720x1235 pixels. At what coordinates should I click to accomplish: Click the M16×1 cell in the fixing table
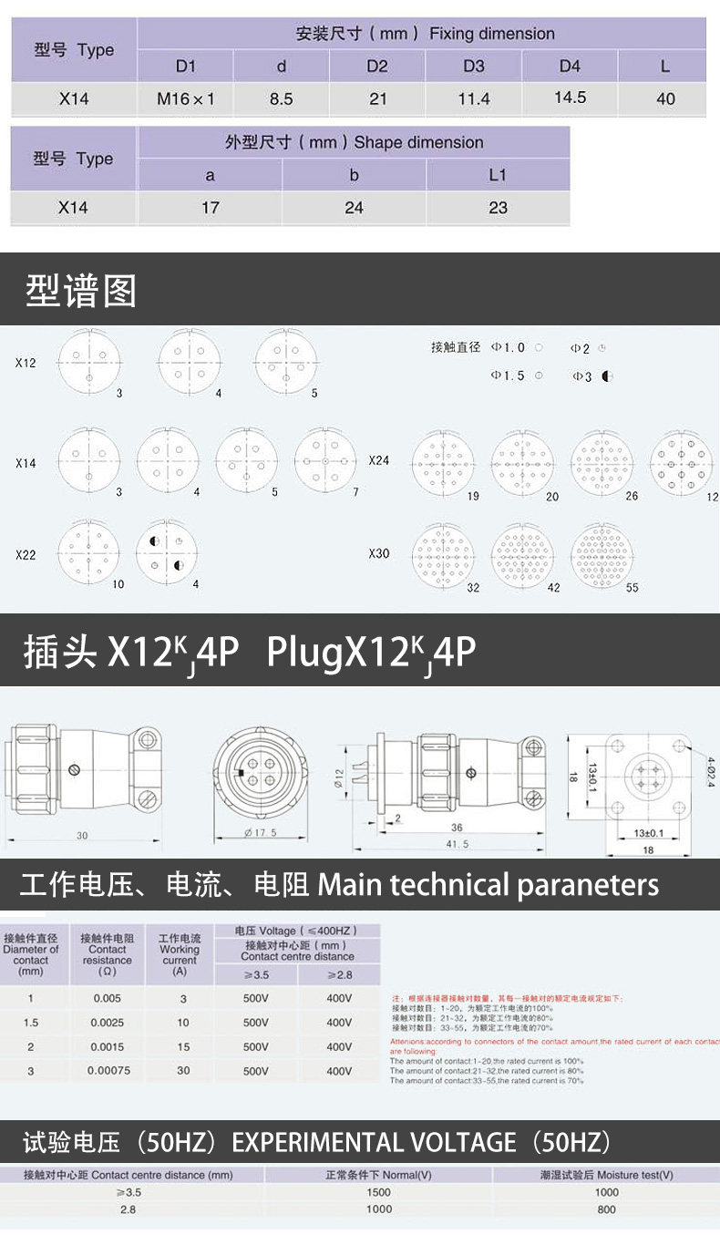185,98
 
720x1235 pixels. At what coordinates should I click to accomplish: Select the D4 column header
570,66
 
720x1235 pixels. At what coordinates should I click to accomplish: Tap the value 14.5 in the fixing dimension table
570,98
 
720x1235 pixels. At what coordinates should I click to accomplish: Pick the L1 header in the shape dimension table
497,175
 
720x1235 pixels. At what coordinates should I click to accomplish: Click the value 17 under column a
210,208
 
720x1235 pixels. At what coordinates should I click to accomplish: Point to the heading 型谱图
81,291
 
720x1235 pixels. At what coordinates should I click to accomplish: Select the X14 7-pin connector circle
325,461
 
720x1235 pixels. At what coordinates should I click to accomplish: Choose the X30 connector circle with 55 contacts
602,555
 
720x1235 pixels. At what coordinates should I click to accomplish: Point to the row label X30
379,553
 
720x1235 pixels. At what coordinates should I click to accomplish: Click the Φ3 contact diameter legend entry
592,376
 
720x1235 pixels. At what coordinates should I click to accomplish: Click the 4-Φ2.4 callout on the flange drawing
706,764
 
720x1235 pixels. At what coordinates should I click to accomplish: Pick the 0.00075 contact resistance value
108,1071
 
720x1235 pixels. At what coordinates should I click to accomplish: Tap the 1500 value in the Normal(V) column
379,1192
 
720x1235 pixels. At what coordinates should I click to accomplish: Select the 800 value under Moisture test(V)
606,1209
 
